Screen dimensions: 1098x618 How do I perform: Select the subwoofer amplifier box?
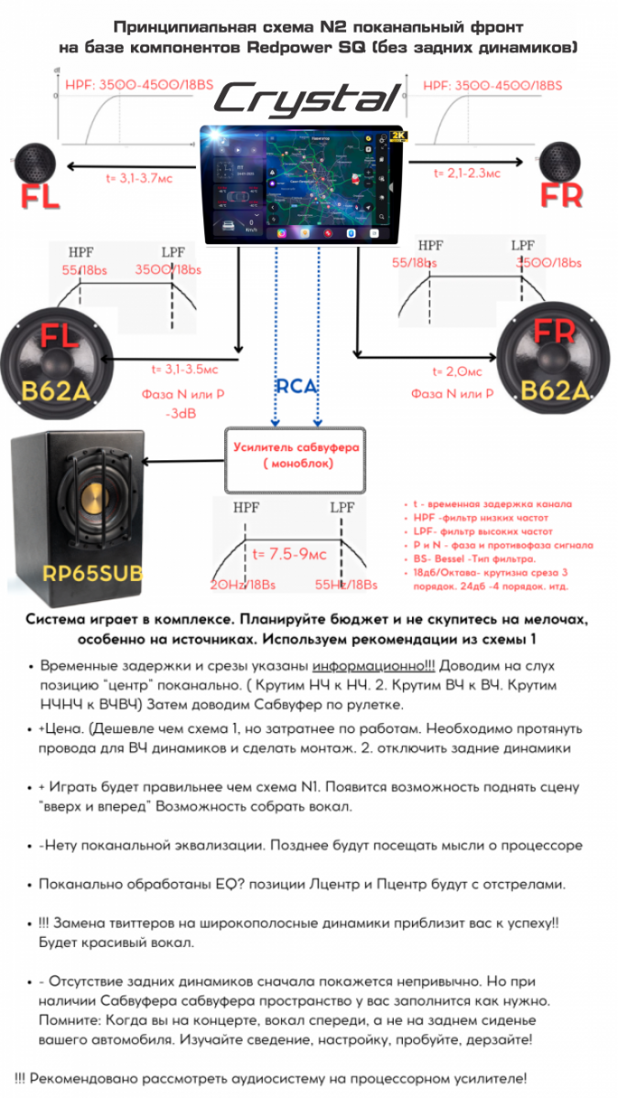tap(294, 456)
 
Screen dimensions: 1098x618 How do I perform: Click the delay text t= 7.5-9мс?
tap(289, 554)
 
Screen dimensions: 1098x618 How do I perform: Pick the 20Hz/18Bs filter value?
tap(243, 586)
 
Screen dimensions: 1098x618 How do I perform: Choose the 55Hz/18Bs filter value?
tap(346, 585)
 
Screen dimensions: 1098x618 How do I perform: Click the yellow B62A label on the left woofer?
tap(54, 393)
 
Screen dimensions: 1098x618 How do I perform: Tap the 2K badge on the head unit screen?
tap(396, 135)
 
